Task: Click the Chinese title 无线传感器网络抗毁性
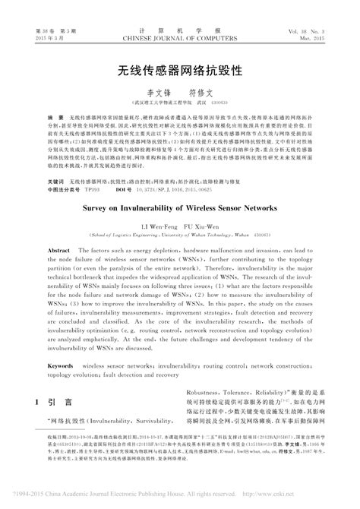tap(179, 71)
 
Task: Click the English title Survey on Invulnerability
tap(179, 206)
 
